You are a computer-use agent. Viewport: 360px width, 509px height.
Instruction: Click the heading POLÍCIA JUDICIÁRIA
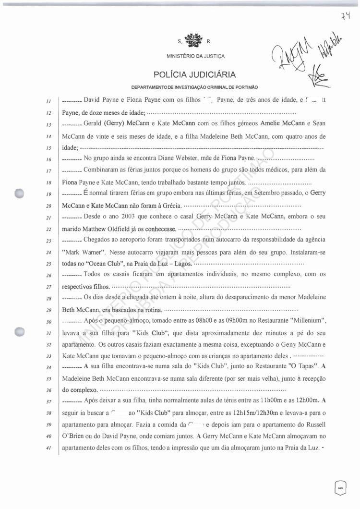click(x=194, y=74)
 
